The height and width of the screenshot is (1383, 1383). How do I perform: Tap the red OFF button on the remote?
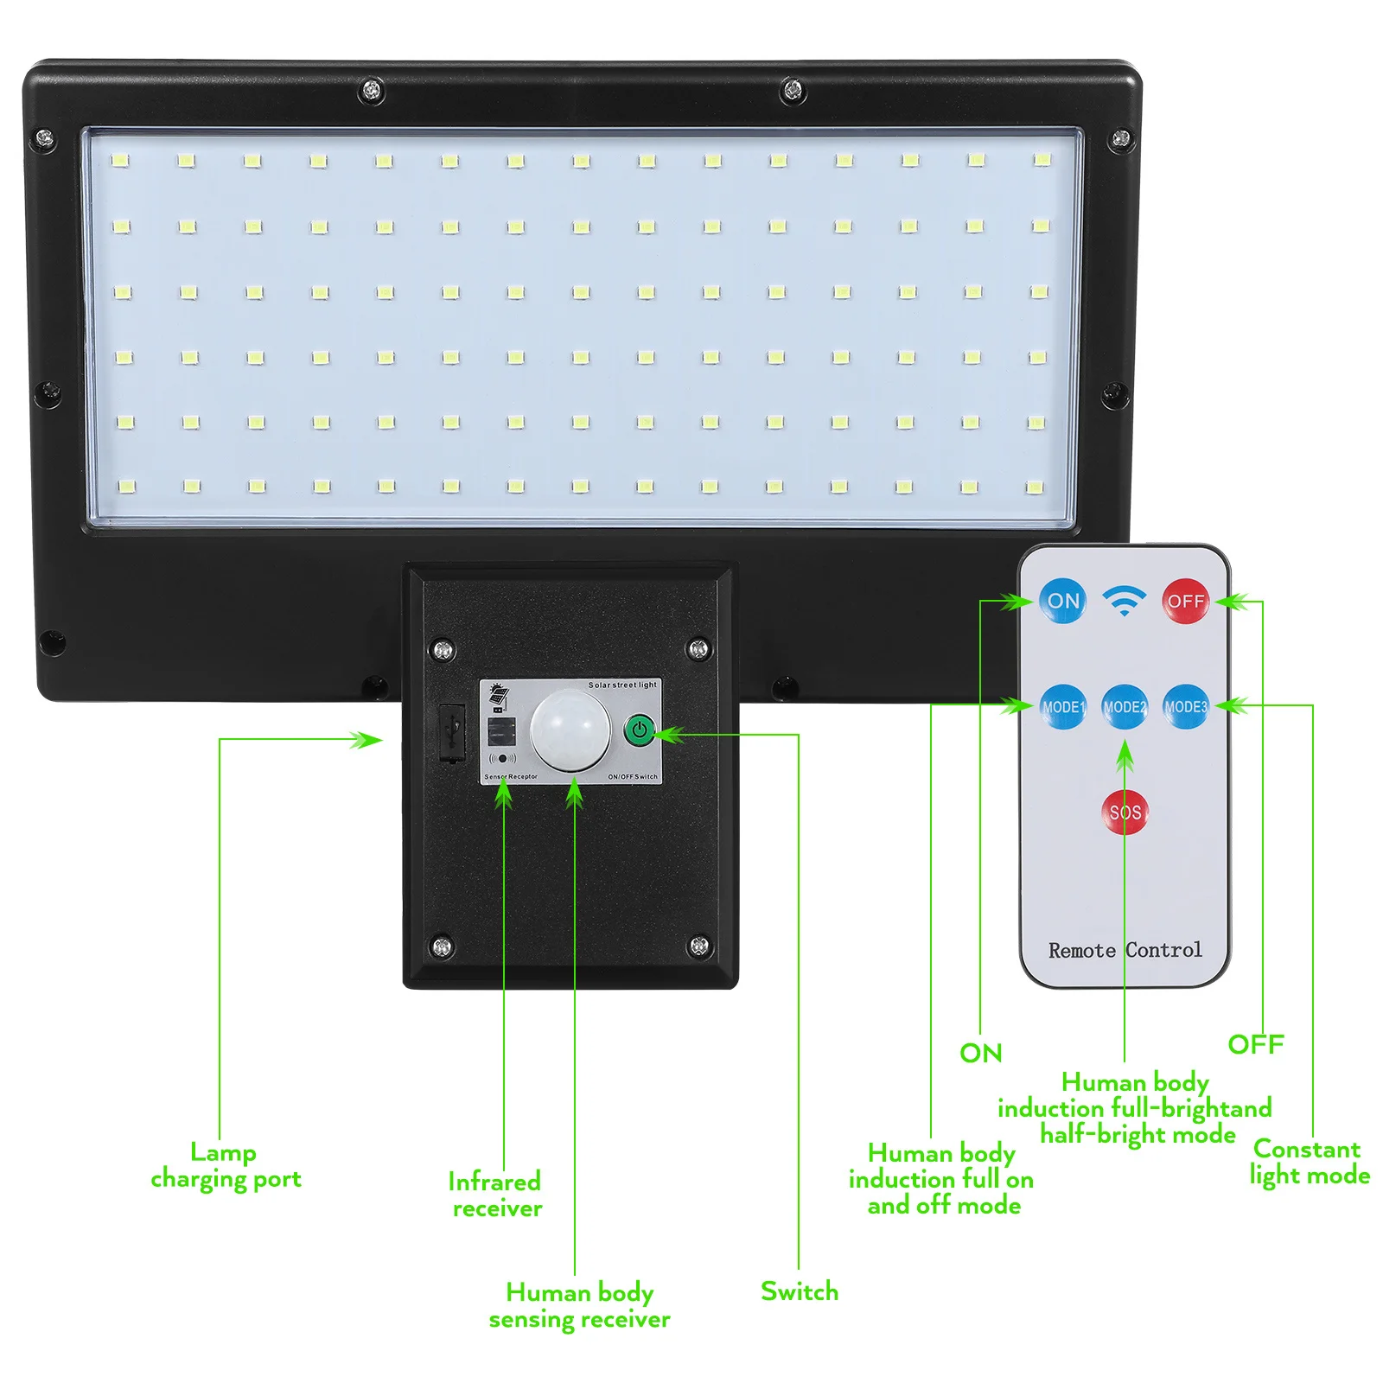pyautogui.click(x=1185, y=601)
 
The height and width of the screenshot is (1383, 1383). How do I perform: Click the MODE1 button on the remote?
pyautogui.click(x=1062, y=707)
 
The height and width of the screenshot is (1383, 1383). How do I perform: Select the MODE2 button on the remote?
pyautogui.click(x=1125, y=707)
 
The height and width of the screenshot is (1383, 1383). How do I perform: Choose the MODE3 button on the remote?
pyautogui.click(x=1185, y=707)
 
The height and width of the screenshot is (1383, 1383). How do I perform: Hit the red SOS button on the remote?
pyautogui.click(x=1125, y=813)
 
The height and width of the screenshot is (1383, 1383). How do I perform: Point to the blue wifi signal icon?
pyautogui.click(x=1124, y=600)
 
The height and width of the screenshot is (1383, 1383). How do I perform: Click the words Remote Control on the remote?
pyautogui.click(x=1125, y=951)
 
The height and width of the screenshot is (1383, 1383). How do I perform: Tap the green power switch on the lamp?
pyautogui.click(x=640, y=730)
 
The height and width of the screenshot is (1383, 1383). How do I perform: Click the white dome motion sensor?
pyautogui.click(x=570, y=731)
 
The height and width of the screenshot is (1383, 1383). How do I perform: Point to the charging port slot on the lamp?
pyautogui.click(x=451, y=733)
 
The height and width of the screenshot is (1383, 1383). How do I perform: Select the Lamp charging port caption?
pyautogui.click(x=226, y=1166)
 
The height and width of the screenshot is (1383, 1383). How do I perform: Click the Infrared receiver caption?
pyautogui.click(x=495, y=1195)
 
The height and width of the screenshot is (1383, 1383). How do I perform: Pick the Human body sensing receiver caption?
pyautogui.click(x=579, y=1305)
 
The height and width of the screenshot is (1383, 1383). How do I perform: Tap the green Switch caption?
pyautogui.click(x=800, y=1291)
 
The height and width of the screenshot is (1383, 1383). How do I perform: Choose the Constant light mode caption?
pyautogui.click(x=1309, y=1163)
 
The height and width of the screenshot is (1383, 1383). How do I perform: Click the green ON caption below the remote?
pyautogui.click(x=981, y=1053)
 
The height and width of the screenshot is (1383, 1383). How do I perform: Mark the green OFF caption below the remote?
pyautogui.click(x=1256, y=1044)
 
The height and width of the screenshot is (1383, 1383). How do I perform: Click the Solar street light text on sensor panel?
pyautogui.click(x=622, y=685)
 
